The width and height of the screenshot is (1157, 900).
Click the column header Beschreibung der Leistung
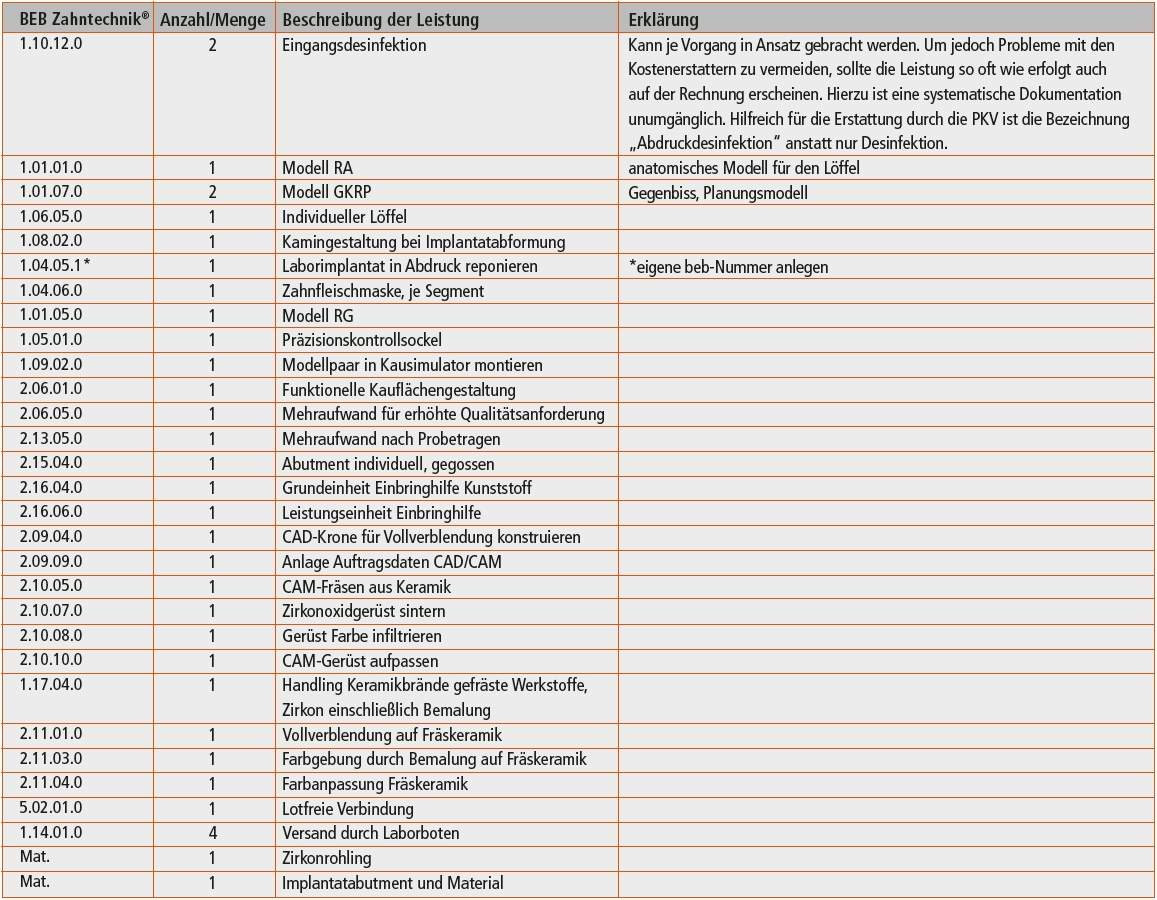coord(380,20)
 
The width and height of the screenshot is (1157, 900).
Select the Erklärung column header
coord(663,20)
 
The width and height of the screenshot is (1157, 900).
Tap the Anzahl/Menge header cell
coord(213,20)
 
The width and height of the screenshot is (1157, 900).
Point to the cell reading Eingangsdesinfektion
coord(354,45)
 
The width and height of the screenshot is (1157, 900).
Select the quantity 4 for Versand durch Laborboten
coord(212,833)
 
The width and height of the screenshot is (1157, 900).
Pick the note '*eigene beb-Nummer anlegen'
coord(728,267)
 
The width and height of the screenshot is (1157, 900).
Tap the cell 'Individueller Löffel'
coord(344,217)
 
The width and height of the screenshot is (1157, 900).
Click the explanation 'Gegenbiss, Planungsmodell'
coord(718,193)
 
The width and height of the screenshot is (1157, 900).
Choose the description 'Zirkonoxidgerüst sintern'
coord(364,611)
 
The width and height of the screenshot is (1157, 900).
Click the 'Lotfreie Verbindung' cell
coord(347,809)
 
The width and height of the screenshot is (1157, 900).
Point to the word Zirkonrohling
coord(326,858)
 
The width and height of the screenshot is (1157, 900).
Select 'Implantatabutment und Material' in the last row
coord(393,883)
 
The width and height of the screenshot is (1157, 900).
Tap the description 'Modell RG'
coord(318,316)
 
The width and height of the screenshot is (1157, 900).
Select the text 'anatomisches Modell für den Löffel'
coord(744,168)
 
